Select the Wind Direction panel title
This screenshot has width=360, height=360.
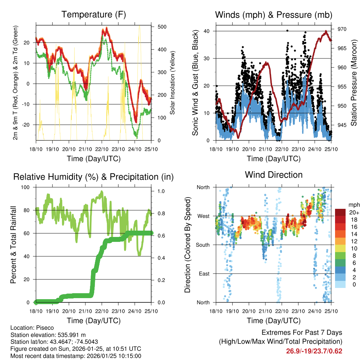coord(274,175)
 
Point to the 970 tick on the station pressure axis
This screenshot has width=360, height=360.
coord(342,29)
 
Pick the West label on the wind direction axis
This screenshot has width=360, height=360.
coord(203,216)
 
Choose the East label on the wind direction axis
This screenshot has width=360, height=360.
coord(204,274)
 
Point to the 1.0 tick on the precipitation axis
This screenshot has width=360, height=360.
coord(161,192)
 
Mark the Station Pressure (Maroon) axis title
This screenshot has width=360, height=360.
coord(354,83)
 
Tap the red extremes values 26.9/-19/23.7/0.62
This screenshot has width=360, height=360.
coord(314,351)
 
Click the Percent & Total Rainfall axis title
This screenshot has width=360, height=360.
coord(13,245)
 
